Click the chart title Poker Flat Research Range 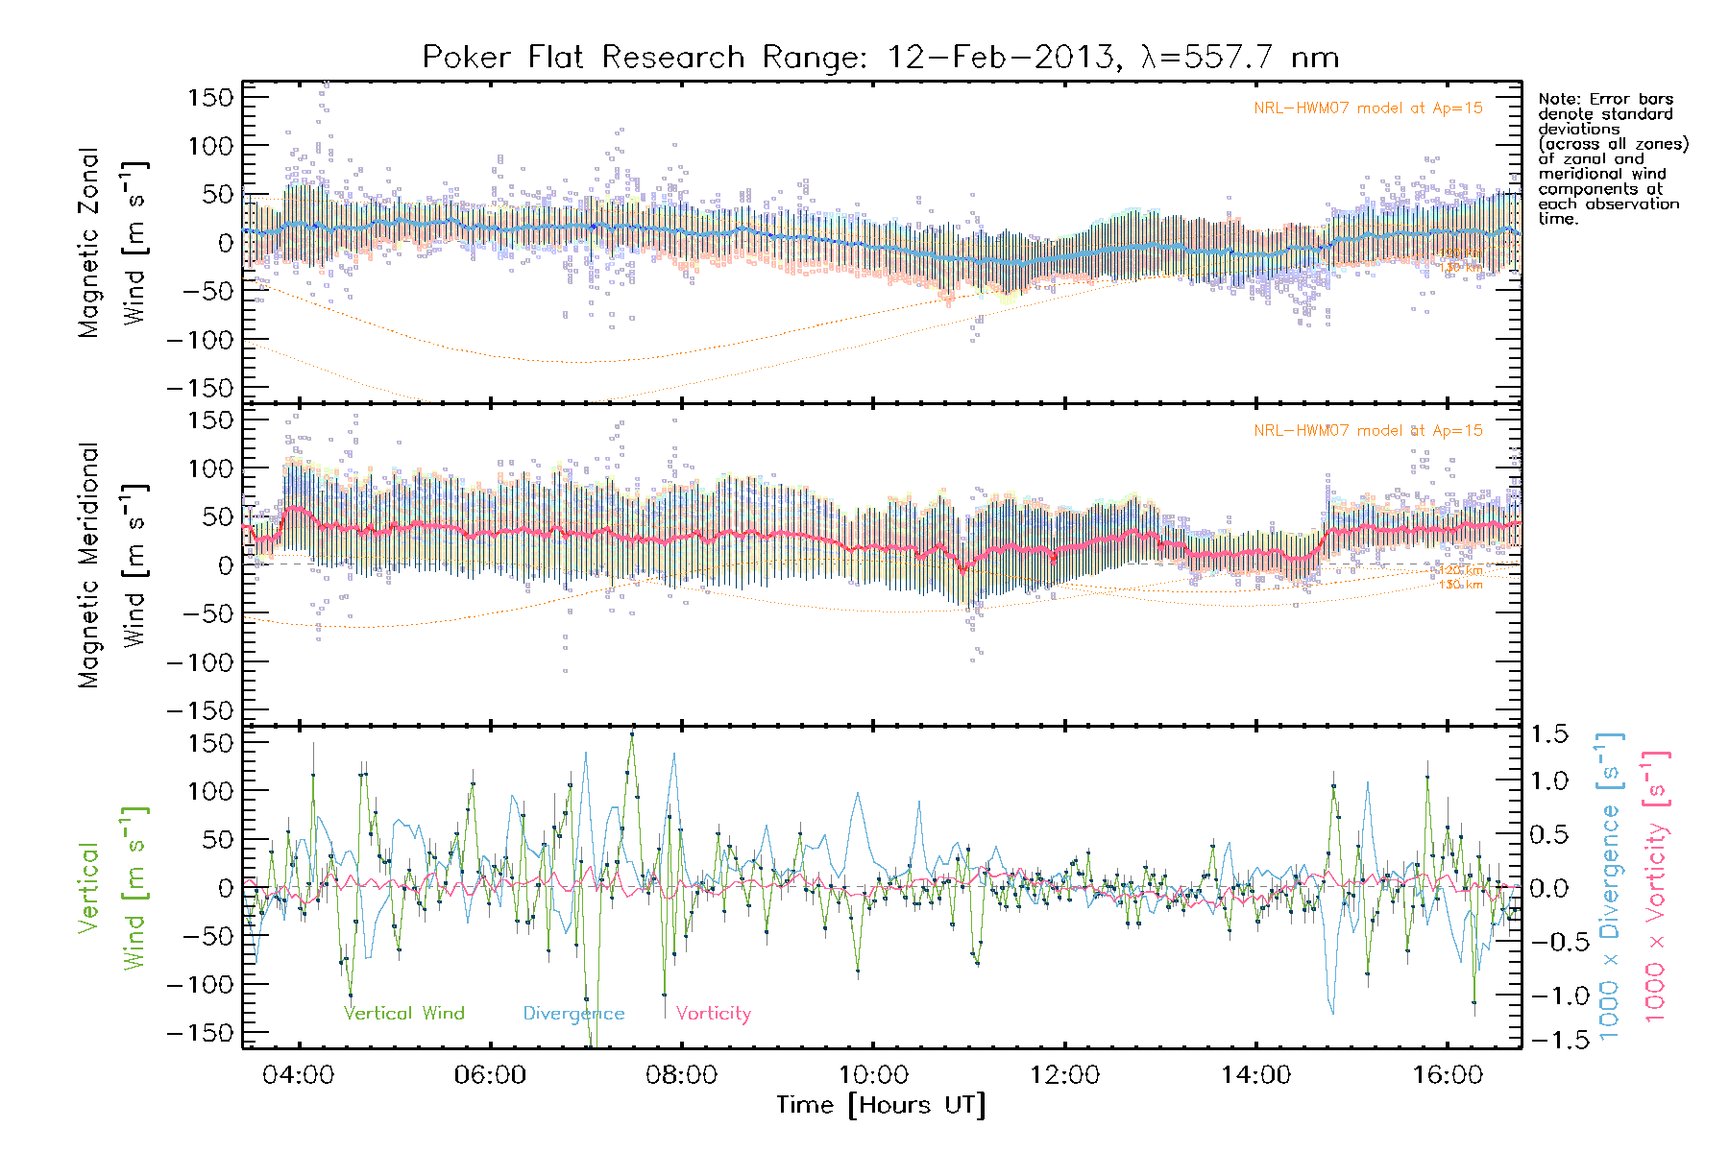[880, 58]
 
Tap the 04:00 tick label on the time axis [299, 1075]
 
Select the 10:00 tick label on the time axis [873, 1075]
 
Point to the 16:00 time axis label [1448, 1075]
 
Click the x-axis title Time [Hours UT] [881, 1106]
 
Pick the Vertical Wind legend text [404, 1014]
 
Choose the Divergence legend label [573, 1014]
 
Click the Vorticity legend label [713, 1014]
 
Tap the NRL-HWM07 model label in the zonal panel [1368, 108]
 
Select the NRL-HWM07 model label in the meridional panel [1368, 431]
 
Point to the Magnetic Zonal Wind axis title [113, 243]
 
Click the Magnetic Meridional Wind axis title [113, 565]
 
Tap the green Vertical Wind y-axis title [113, 888]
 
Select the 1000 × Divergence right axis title [1610, 888]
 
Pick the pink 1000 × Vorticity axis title [1656, 888]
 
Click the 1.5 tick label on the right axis [1548, 735]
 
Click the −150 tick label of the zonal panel [200, 389]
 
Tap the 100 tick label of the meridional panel [210, 468]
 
